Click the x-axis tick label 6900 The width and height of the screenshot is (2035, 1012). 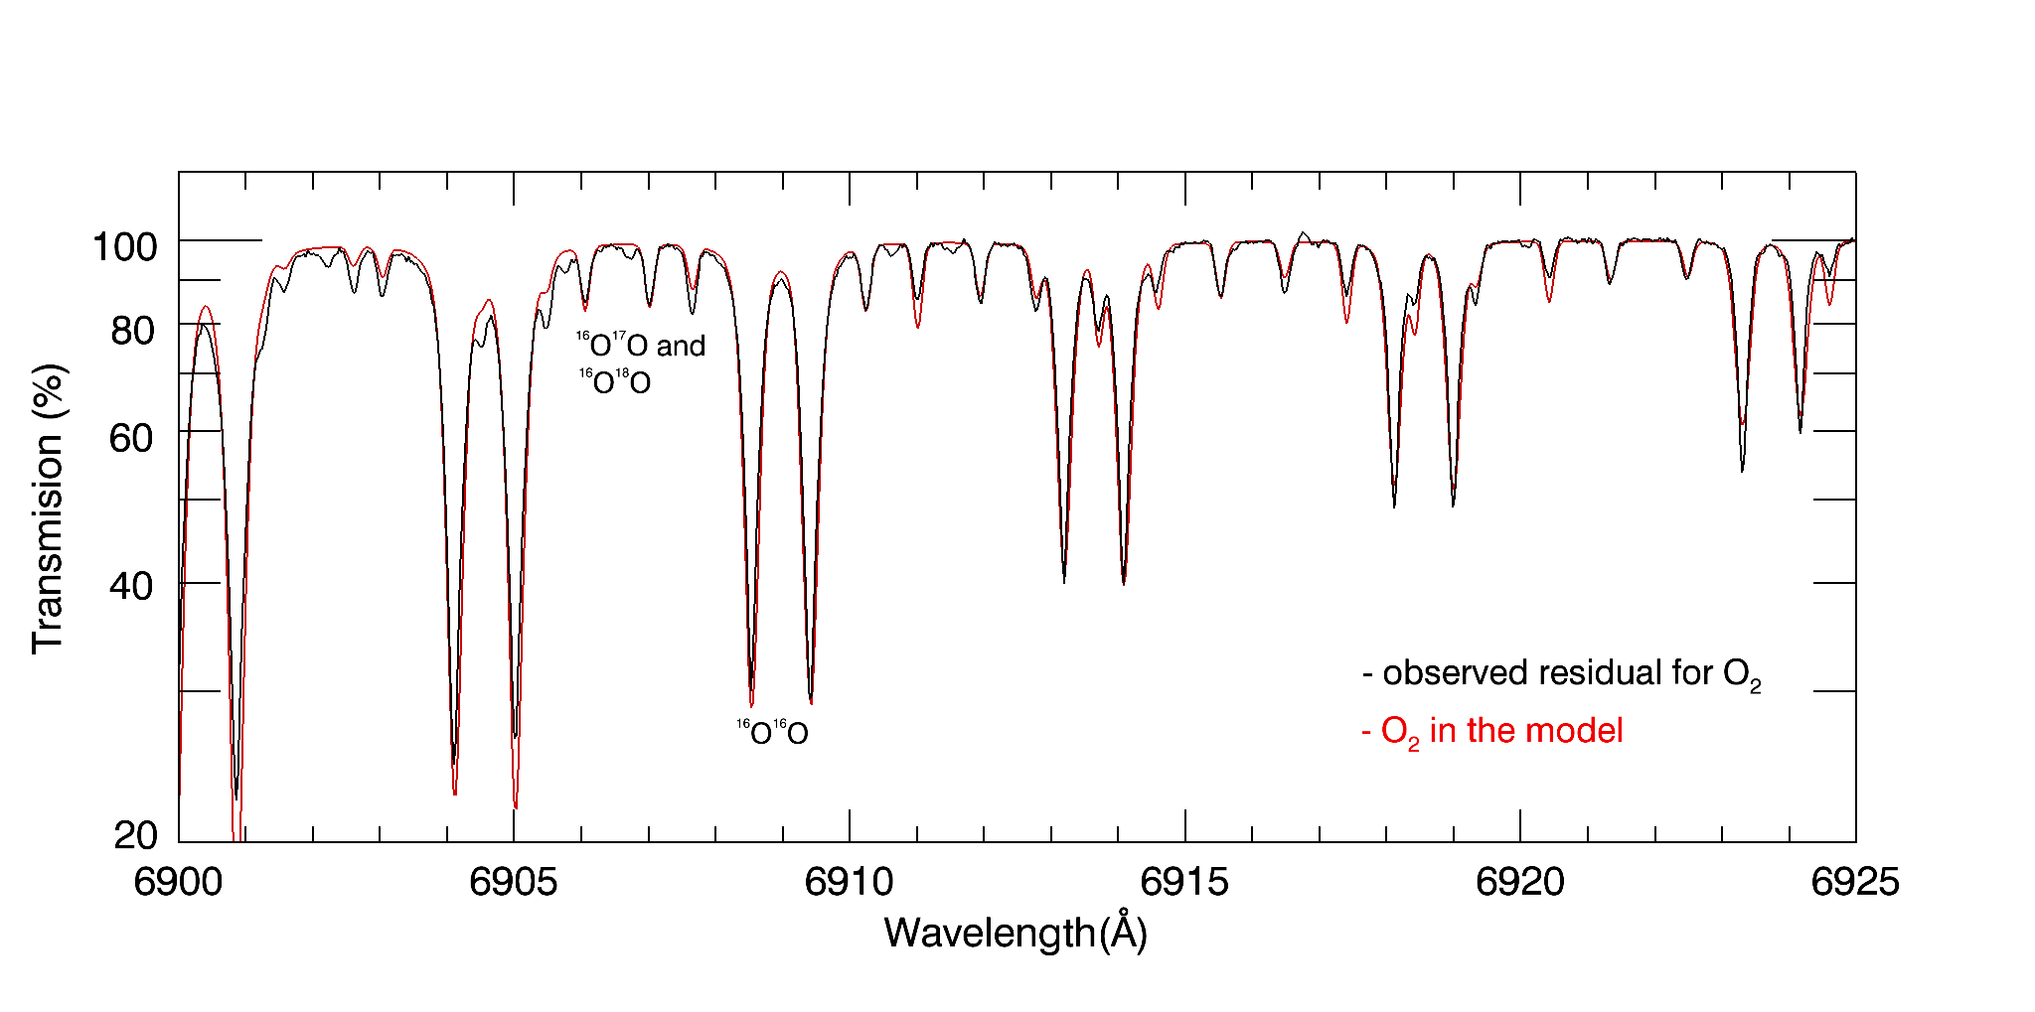coord(178,882)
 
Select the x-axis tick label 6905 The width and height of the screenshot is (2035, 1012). coord(514,882)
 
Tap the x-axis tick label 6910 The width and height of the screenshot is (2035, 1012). coord(850,882)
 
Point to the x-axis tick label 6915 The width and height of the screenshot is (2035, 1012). coord(1184,882)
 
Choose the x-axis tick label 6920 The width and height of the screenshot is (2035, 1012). coord(1520,882)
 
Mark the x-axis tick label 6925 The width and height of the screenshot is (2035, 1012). coord(1855,882)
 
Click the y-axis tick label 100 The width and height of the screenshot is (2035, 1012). coord(124,246)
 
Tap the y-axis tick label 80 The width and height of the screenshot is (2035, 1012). coord(133,330)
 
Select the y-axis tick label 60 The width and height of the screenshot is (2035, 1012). coord(133,437)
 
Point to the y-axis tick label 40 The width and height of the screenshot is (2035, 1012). coord(133,586)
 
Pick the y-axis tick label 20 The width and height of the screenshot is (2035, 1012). coord(136,835)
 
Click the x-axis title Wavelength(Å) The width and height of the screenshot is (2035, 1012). coord(1016,933)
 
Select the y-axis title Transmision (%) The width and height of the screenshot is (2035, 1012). coord(48,508)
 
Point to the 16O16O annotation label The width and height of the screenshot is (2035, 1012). coord(772,732)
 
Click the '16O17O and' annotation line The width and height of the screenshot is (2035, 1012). coord(641,345)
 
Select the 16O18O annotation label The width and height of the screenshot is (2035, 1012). coord(615,381)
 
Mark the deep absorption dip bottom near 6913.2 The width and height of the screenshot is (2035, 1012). coord(1064,581)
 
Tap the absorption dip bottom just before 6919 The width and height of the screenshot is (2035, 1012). coord(1453,505)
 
